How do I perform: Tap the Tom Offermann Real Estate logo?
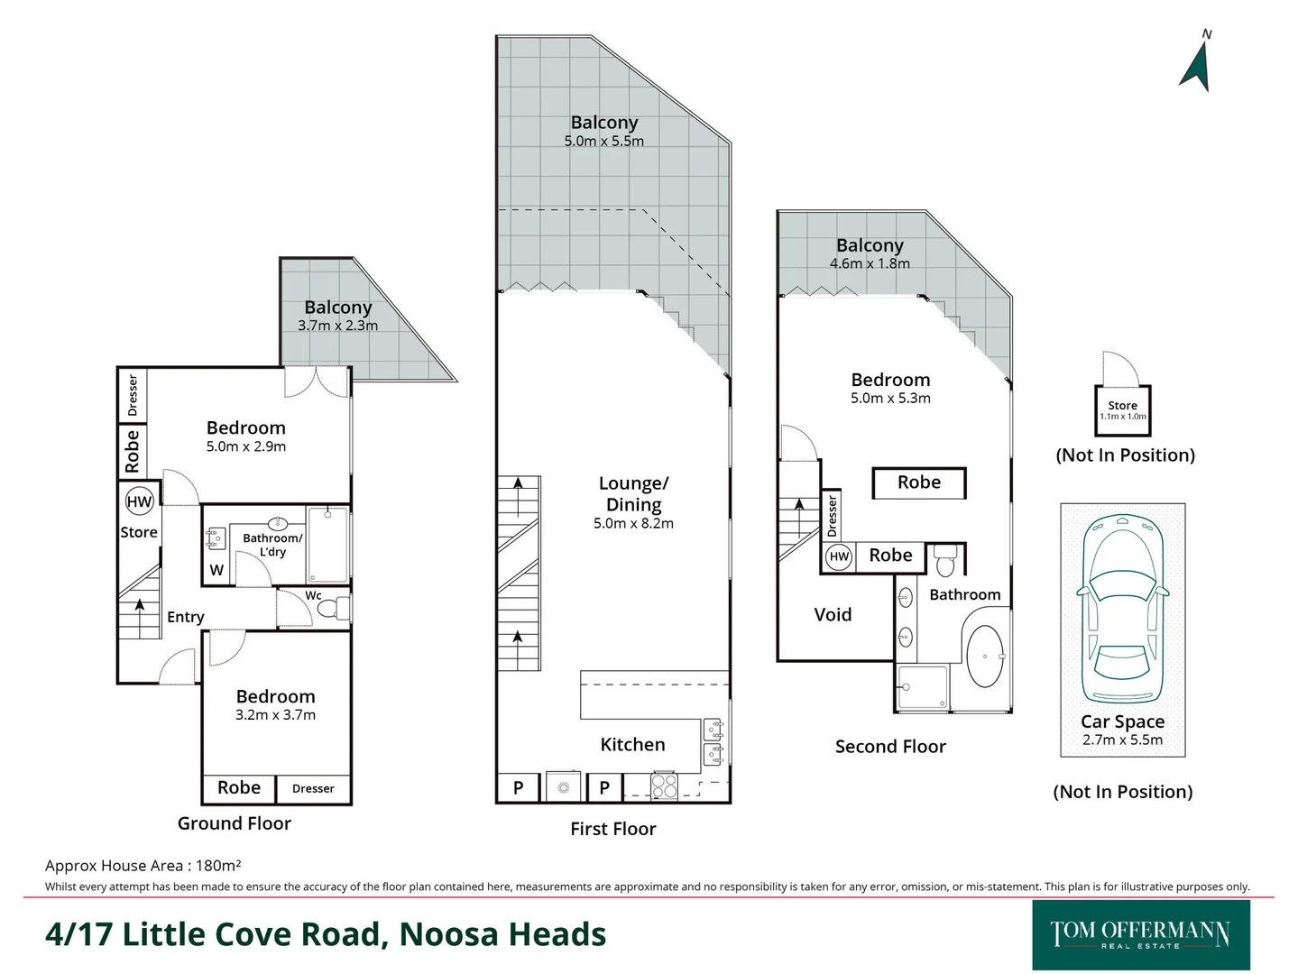coord(1140,934)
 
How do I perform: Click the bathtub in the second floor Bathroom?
coord(984,657)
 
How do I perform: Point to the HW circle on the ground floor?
coord(139,502)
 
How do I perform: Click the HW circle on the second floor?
coord(839,556)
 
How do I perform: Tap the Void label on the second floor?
coord(833,615)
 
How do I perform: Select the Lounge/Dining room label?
coord(633,494)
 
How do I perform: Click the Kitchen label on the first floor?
coord(632,745)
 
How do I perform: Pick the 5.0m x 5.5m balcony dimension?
coord(603,142)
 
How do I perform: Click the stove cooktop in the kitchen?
coord(664,786)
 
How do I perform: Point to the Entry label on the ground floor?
coord(186,617)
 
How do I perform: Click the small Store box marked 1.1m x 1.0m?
coord(1122,410)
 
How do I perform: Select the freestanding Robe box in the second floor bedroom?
coord(918,482)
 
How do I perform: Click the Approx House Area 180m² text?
coord(143,866)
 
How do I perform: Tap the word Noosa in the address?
coord(443,934)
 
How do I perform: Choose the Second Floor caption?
coord(890,747)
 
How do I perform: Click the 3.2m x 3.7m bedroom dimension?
coord(275,715)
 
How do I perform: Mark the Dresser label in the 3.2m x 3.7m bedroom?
coord(313,789)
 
